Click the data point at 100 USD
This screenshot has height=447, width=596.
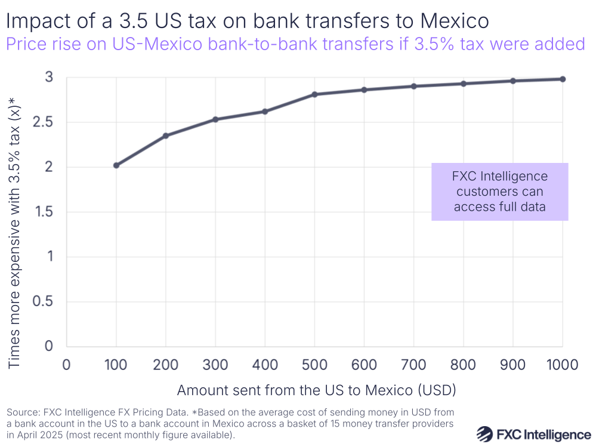(x=116, y=165)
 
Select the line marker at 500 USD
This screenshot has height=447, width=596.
(x=314, y=94)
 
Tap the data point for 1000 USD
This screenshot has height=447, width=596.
(x=563, y=79)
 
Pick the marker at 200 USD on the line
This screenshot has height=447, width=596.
(x=166, y=135)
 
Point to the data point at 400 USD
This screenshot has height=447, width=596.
(x=265, y=111)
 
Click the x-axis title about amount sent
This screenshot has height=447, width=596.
(x=316, y=391)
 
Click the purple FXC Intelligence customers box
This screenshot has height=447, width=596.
(x=499, y=192)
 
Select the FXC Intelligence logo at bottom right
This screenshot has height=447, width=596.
(x=534, y=434)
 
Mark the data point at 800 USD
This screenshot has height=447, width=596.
(x=464, y=84)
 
